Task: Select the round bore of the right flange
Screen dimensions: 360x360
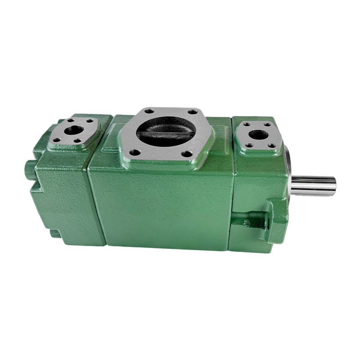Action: tap(258, 134)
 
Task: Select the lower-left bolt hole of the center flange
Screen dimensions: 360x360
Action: tap(134, 152)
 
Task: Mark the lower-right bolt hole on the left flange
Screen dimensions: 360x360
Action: tap(79, 141)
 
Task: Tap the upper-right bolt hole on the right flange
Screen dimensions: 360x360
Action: tap(267, 125)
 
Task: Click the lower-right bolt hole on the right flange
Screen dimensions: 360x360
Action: tap(270, 145)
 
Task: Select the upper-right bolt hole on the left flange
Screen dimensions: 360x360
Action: tap(90, 121)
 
